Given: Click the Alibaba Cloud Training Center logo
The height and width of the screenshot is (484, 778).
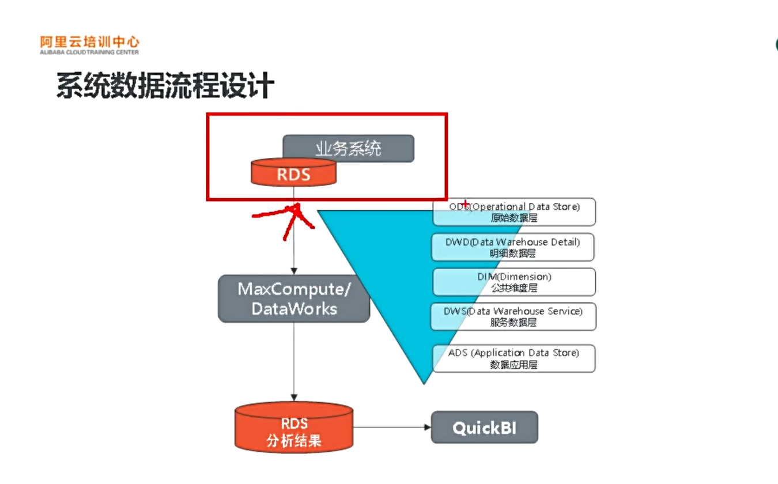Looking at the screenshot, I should point(89,45).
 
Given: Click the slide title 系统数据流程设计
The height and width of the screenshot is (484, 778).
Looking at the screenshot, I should point(165,85).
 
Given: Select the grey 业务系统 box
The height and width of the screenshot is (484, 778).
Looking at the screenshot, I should point(348,148).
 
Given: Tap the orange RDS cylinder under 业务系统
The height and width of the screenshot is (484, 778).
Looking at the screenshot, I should point(293,173).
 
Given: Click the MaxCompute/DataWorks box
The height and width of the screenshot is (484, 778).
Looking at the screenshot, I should point(294,298).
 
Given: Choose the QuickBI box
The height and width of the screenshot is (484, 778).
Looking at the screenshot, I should point(484,428).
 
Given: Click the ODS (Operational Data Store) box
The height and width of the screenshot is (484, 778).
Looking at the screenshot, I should point(514,212).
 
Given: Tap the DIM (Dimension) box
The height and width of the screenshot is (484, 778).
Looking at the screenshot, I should point(514,282).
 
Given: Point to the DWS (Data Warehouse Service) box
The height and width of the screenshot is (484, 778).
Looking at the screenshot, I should point(513,316).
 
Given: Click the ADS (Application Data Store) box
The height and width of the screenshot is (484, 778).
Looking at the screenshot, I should point(513,358).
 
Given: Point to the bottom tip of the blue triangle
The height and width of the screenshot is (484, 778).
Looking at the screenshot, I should point(424,382).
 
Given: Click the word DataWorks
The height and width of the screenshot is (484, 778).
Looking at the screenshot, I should point(294,309).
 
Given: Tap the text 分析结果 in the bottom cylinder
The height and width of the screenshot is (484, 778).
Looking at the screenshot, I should point(294,442).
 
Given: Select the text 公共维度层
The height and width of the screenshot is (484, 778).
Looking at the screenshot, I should point(513,288).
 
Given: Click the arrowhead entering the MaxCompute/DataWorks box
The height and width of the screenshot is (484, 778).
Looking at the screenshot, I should point(294,271).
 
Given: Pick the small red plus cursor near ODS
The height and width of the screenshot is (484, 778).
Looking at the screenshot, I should point(465,203).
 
